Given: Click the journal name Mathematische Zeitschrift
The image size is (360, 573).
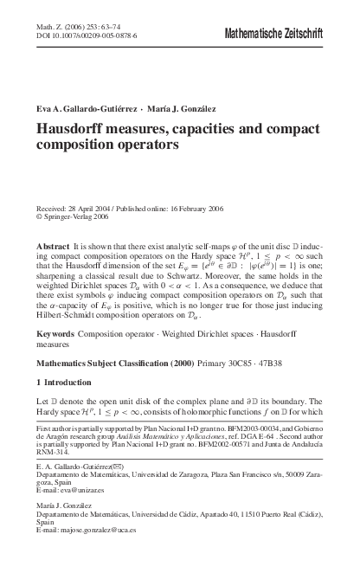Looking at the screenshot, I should [273, 34].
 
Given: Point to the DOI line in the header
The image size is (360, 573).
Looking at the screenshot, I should [80, 37].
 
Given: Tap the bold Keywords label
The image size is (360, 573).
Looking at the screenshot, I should [54, 332].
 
